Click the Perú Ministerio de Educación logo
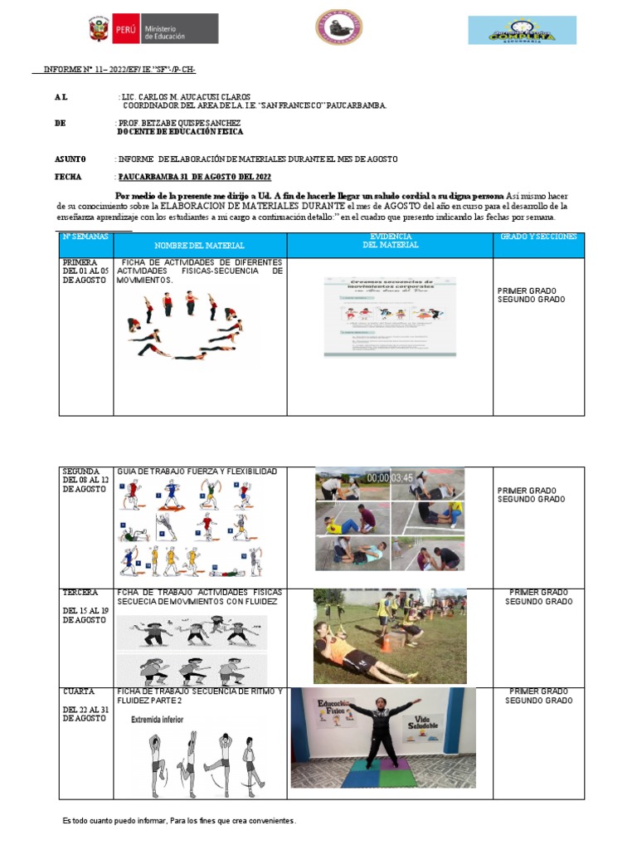tap(153, 30)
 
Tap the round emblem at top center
tap(338, 27)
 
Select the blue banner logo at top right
tap(523, 30)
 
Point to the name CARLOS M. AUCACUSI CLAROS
tap(196, 97)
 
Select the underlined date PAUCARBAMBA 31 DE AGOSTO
tap(194, 177)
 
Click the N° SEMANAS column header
tap(85, 237)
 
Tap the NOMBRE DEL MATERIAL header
tap(199, 246)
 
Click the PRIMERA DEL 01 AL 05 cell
tap(85, 271)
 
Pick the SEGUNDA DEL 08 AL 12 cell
tap(85, 481)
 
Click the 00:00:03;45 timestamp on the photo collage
tap(389, 477)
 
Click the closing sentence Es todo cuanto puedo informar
tap(178, 820)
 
